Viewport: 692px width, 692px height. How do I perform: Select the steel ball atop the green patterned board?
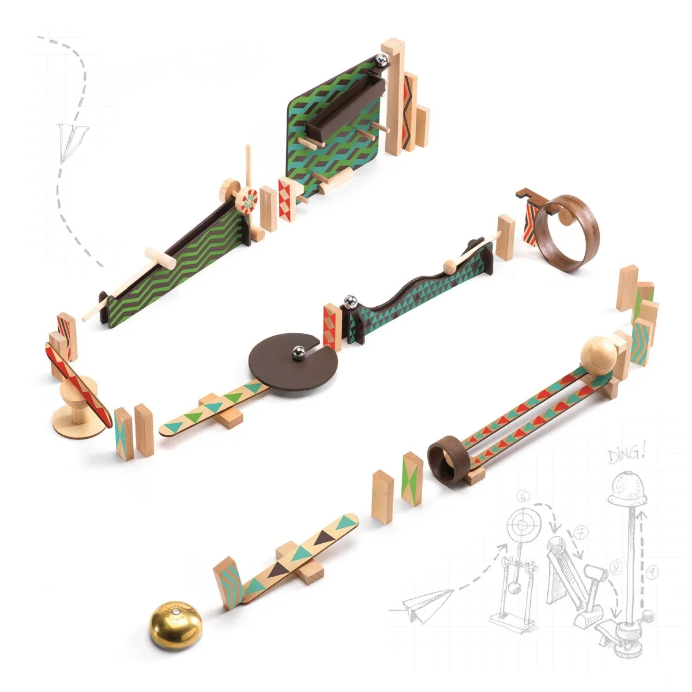coord(381,59)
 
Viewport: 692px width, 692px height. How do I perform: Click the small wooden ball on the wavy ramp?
coord(449,266)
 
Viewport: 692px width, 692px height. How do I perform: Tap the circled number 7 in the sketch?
coord(580,533)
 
